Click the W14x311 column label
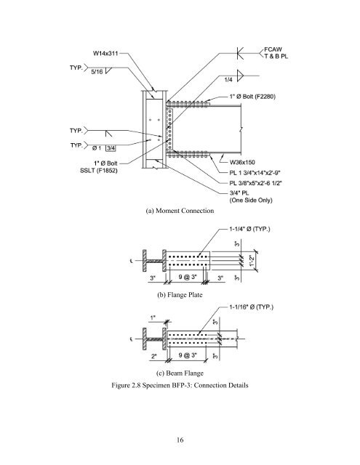click(x=105, y=53)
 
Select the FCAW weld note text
click(x=273, y=49)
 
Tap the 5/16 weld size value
click(x=97, y=72)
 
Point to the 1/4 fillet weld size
click(x=228, y=79)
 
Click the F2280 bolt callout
click(x=252, y=97)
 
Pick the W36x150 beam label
click(x=242, y=162)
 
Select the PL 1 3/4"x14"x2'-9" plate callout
click(x=255, y=173)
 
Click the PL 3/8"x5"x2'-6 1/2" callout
click(x=255, y=183)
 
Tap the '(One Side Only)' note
click(x=251, y=201)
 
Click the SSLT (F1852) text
click(x=99, y=171)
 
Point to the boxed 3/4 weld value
click(x=111, y=148)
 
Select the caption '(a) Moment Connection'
click(x=180, y=211)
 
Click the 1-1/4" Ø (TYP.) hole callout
click(x=249, y=230)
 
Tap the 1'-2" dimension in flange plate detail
click(x=252, y=261)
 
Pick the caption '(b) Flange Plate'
click(x=180, y=295)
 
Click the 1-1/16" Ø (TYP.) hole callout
click(x=252, y=307)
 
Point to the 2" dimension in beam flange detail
click(x=154, y=356)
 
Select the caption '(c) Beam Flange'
click(x=180, y=373)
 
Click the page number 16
click(x=180, y=440)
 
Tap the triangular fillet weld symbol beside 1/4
click(x=240, y=76)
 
